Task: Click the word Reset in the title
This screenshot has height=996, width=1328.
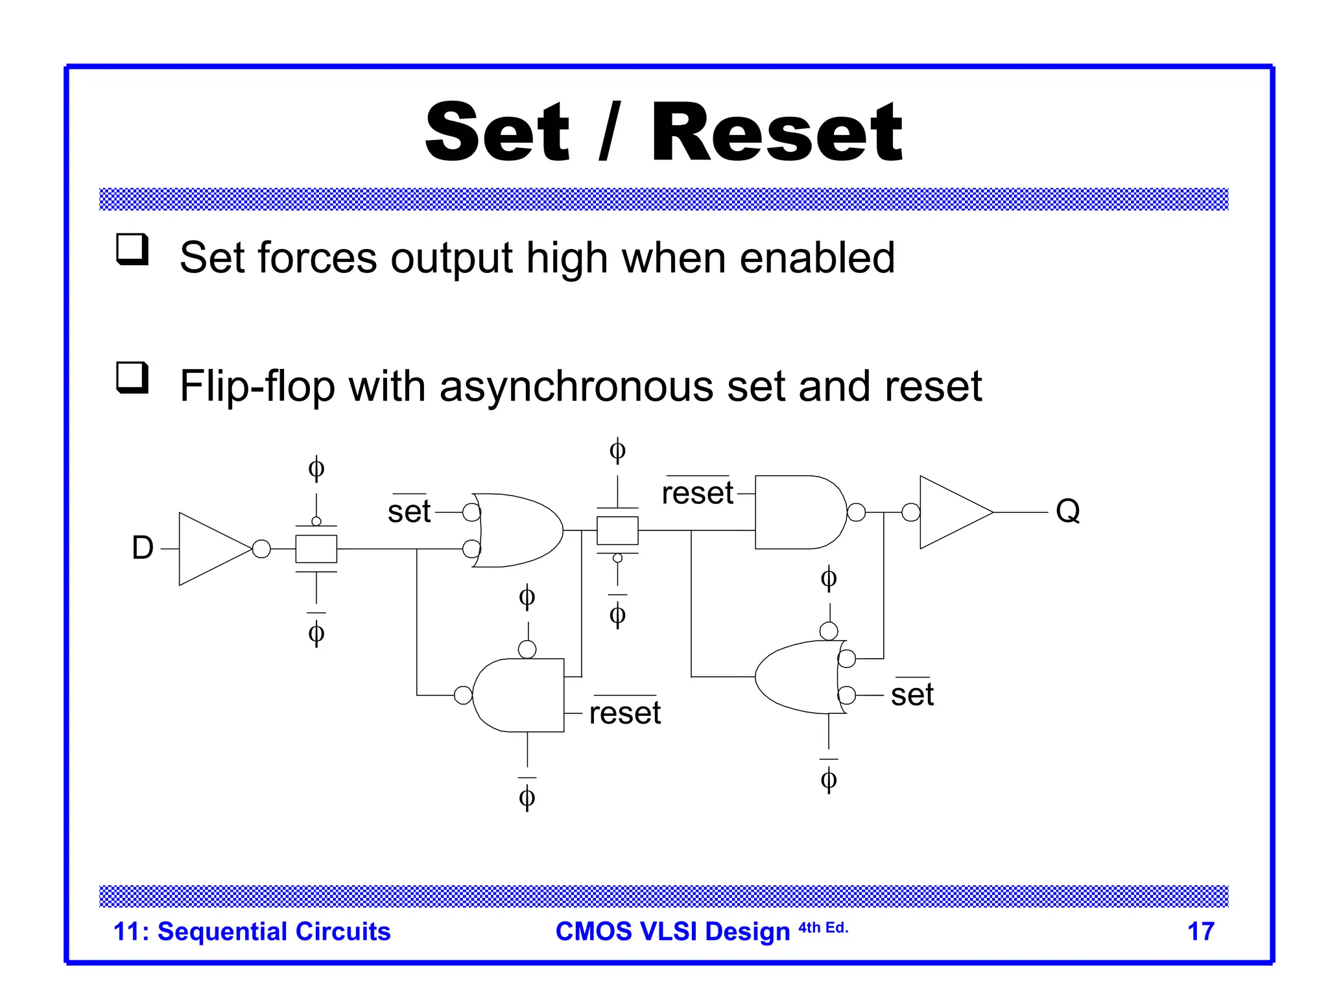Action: (x=776, y=133)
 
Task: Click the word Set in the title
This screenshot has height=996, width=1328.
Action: (x=497, y=133)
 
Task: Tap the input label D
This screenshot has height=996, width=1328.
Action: (x=143, y=548)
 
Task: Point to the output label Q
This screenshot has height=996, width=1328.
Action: (x=1067, y=511)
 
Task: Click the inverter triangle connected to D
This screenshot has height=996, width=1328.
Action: (x=211, y=549)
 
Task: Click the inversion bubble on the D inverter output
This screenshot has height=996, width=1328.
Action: (x=261, y=549)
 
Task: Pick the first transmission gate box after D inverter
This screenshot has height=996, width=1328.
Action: (x=316, y=549)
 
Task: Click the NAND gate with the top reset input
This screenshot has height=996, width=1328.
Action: (x=799, y=512)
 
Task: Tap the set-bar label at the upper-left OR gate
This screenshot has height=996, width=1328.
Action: (x=409, y=511)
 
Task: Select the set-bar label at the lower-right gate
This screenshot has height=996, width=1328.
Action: (x=912, y=694)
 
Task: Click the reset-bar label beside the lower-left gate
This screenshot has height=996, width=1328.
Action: (x=624, y=713)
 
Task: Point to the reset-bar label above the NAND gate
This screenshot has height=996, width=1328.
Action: (x=697, y=493)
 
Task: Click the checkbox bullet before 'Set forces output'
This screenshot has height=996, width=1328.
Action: (x=132, y=249)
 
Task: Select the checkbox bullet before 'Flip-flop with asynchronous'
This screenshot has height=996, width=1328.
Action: (x=132, y=377)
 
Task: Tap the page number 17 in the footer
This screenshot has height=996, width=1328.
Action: (x=1200, y=931)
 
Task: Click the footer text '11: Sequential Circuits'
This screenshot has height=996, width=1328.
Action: (x=252, y=931)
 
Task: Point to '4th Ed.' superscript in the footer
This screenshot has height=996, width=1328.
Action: (x=823, y=927)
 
